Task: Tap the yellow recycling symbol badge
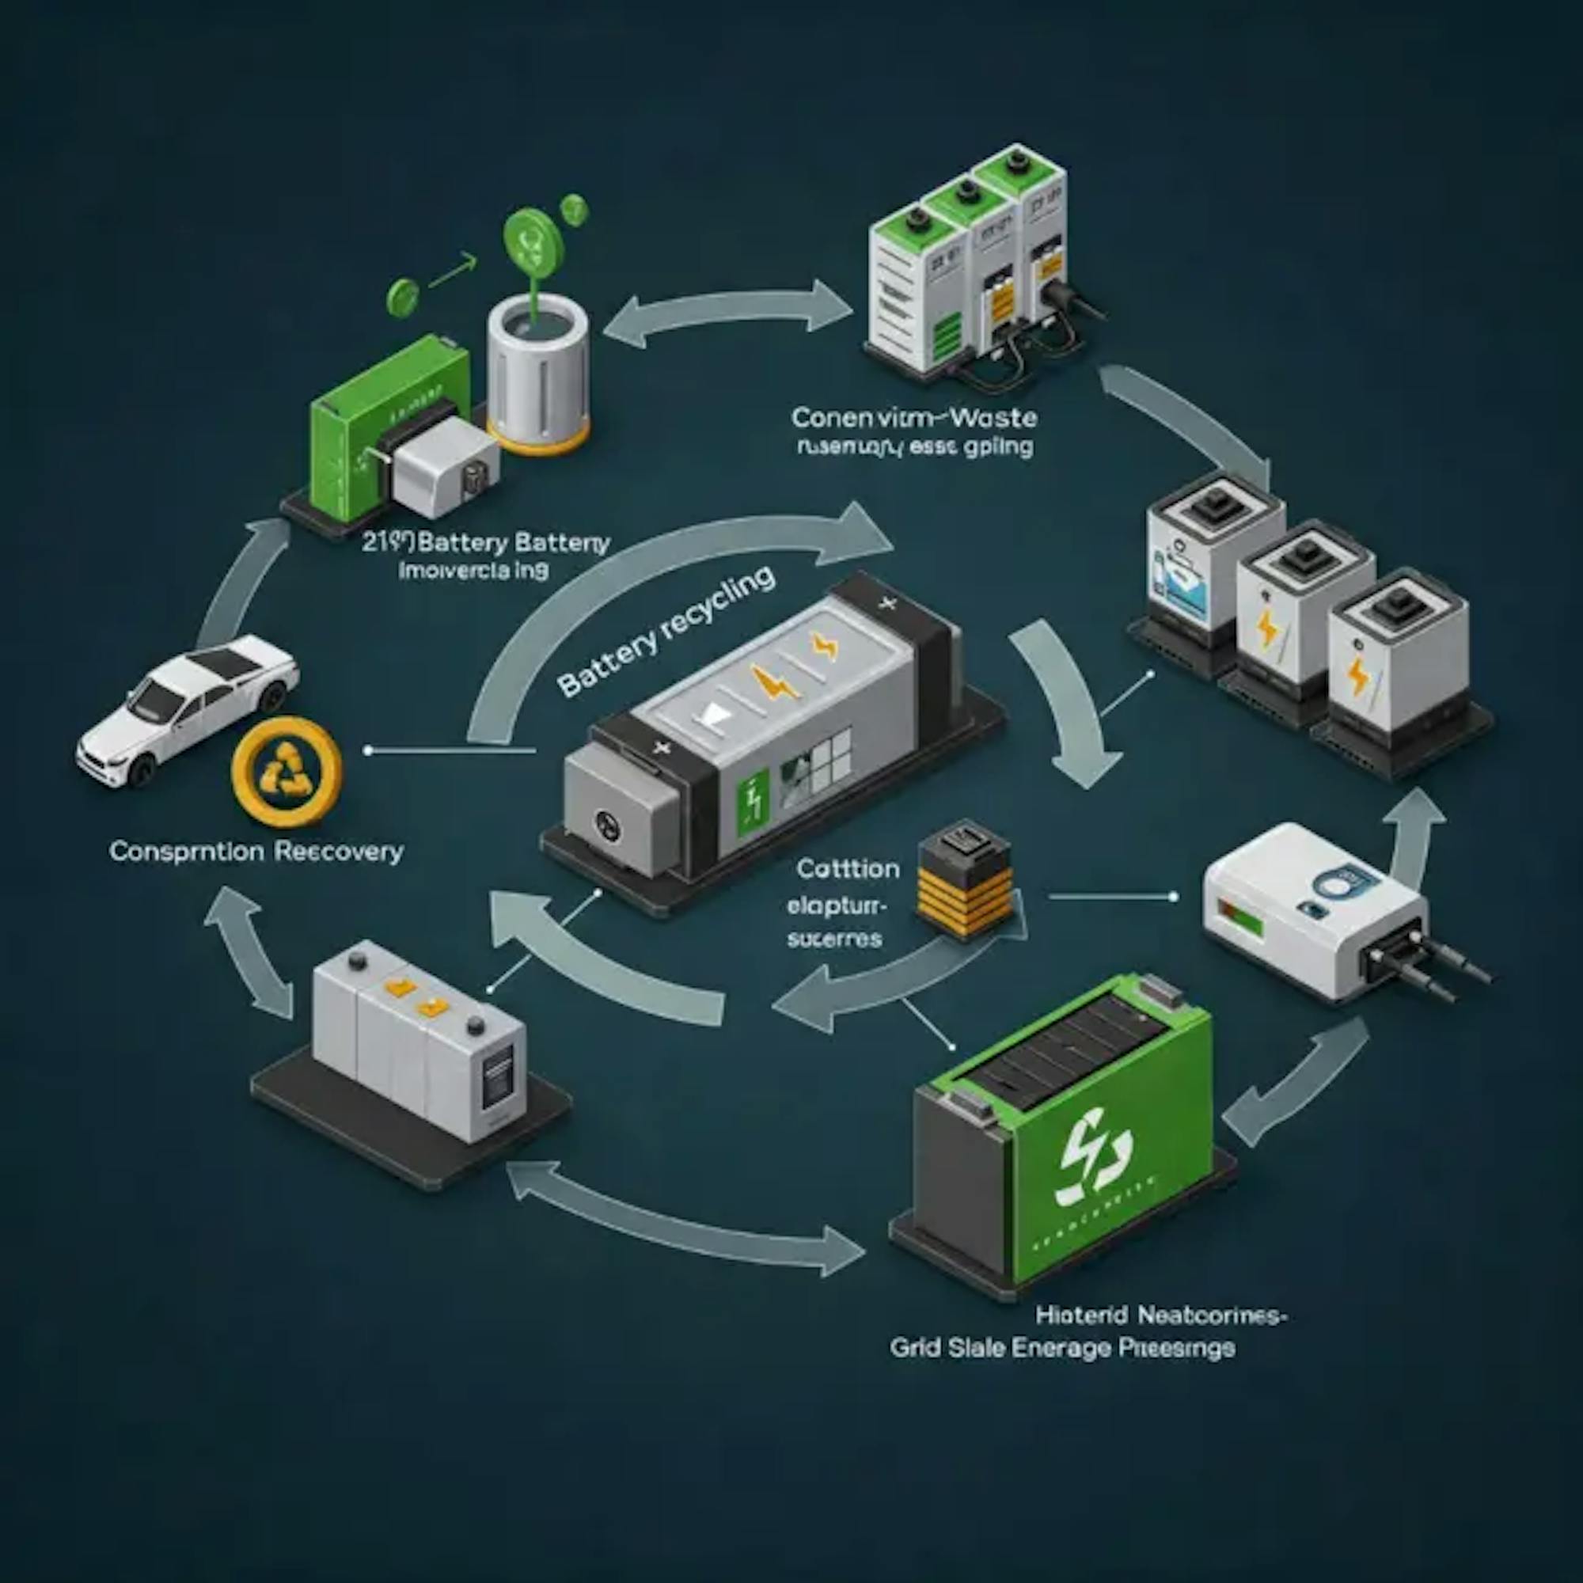pyautogui.click(x=286, y=771)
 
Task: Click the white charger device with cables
pyautogui.click(x=1319, y=909)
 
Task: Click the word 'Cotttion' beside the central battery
pyautogui.click(x=847, y=868)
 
